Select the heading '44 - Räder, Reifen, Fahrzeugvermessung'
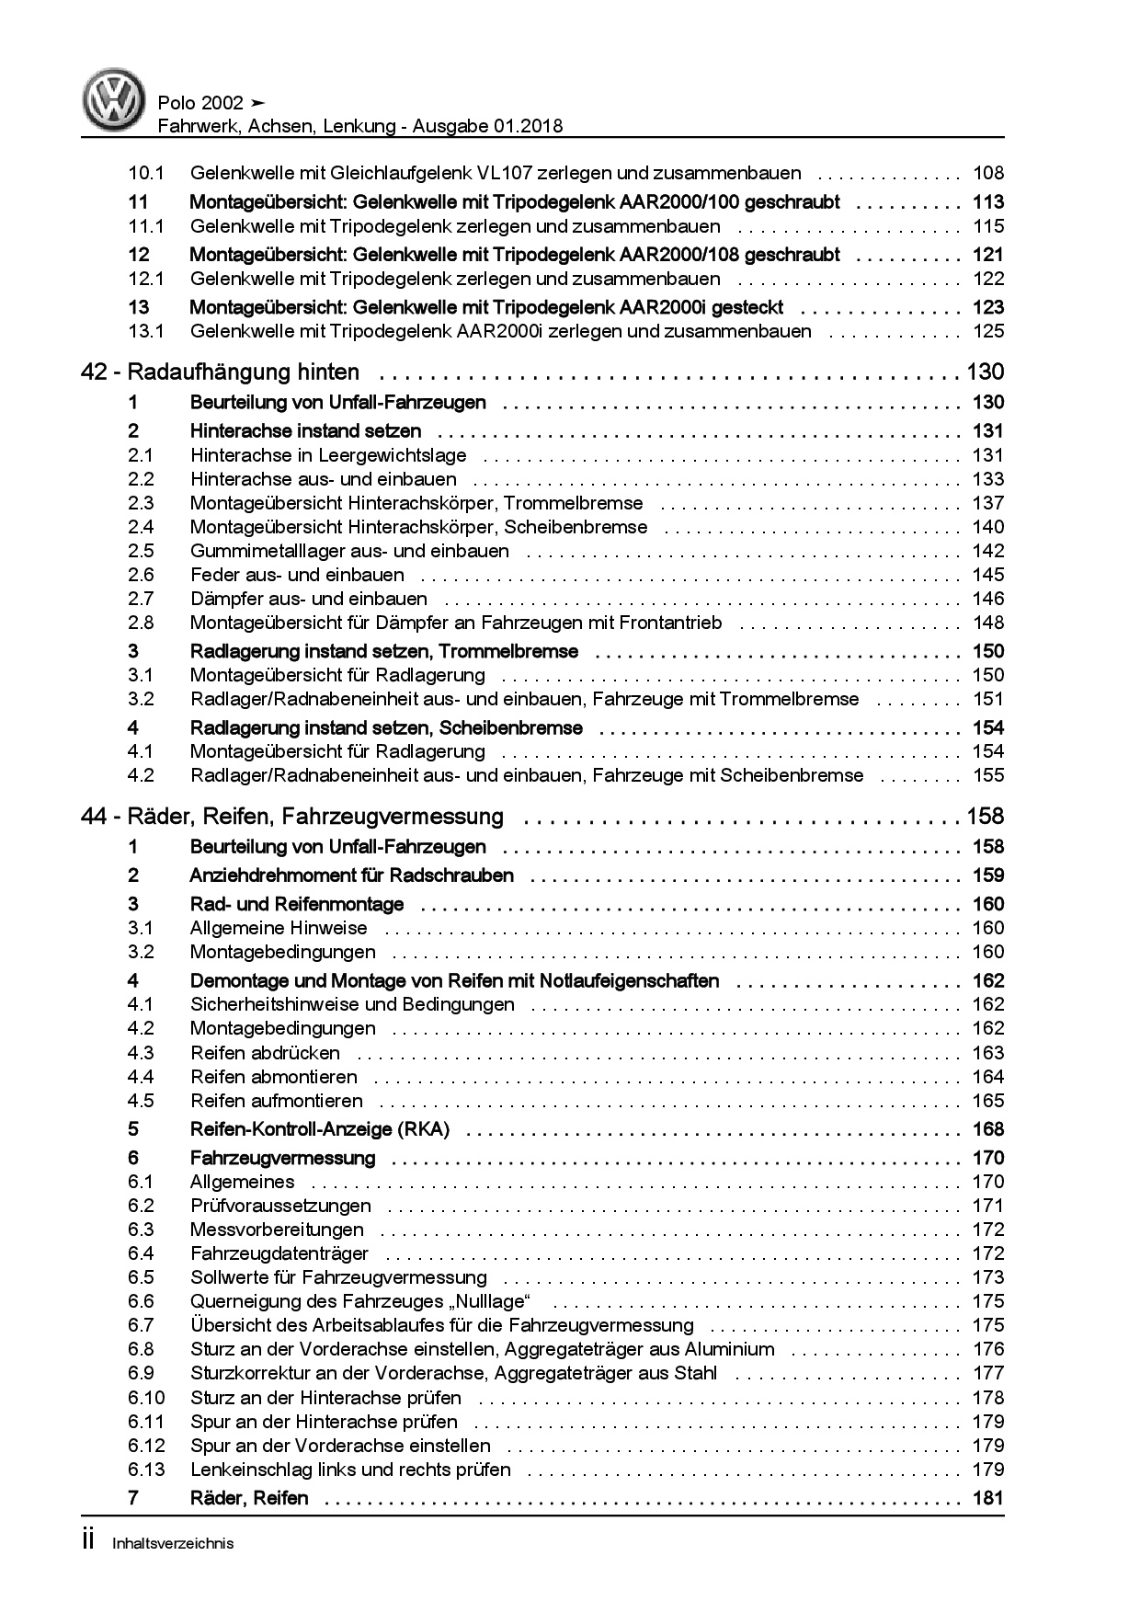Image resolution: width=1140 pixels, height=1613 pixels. (292, 817)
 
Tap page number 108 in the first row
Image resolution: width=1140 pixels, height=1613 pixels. (987, 173)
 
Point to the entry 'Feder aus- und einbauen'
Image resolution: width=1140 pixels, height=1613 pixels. (297, 575)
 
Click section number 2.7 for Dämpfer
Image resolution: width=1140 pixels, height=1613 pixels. (141, 599)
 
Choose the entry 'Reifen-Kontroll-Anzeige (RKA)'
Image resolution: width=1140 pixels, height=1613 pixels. (319, 1129)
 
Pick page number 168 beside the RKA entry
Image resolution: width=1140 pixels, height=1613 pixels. (987, 1129)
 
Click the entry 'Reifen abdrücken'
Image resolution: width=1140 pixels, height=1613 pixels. (265, 1053)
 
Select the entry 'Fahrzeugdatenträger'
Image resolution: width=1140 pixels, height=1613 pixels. (279, 1253)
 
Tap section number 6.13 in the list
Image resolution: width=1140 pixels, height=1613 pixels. (146, 1470)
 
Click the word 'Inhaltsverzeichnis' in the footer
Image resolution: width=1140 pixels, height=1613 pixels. (173, 1544)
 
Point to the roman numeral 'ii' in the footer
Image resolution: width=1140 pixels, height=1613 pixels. (89, 1542)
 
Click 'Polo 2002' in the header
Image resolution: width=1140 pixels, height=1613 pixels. (200, 103)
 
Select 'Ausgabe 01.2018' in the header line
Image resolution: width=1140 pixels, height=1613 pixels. (486, 127)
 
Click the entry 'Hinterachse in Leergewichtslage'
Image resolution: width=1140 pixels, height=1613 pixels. (328, 455)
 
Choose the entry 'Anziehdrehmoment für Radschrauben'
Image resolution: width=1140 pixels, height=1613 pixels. (351, 875)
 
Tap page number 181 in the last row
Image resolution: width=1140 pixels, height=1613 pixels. (987, 1498)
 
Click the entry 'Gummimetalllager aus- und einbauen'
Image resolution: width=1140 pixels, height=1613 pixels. (349, 551)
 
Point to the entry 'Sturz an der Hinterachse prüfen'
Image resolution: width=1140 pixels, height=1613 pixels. (325, 1398)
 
